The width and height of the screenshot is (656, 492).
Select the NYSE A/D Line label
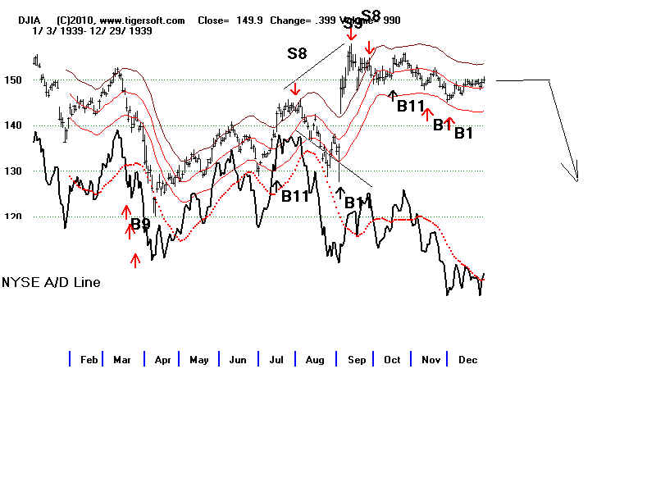52,282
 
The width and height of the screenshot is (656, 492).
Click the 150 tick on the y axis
13,80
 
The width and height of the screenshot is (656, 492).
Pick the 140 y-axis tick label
13,126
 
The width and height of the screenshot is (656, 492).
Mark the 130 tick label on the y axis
13,172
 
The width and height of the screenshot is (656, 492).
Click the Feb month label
89,359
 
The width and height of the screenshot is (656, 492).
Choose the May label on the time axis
199,359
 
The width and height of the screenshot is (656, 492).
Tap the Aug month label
315,359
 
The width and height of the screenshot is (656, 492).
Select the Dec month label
468,359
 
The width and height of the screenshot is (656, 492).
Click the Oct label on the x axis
392,359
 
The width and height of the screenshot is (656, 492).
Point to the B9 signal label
140,222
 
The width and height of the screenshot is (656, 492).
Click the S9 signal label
353,24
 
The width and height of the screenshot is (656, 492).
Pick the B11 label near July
295,196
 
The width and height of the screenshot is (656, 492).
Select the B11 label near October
411,106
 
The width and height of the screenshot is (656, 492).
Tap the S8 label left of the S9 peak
297,54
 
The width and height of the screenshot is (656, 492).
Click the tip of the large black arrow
577,180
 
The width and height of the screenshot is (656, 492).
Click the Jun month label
238,359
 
